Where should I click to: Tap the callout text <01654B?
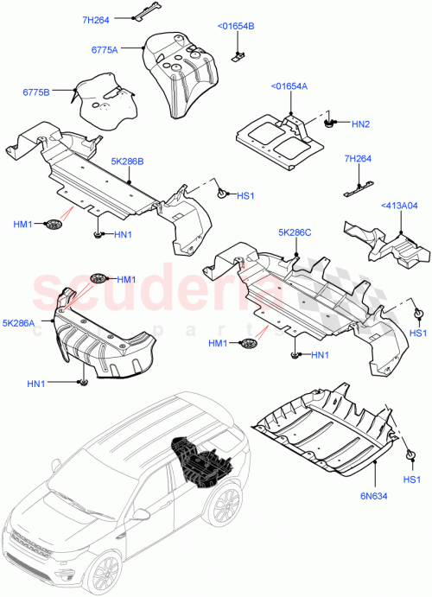235,27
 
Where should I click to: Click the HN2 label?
361,124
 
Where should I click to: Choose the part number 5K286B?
127,160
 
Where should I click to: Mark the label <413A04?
399,205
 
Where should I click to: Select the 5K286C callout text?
295,233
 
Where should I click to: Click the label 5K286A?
19,323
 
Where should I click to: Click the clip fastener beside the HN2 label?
329,123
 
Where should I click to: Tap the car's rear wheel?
227,505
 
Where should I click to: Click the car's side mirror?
138,515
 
